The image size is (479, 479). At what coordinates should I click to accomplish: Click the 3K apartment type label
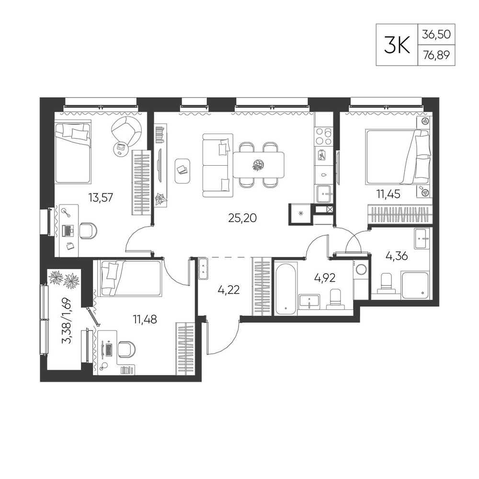[397, 45]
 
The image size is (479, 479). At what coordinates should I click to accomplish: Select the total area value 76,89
[436, 55]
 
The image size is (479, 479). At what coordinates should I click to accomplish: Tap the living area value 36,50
[436, 34]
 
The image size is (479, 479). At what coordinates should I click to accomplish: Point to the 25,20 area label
[242, 218]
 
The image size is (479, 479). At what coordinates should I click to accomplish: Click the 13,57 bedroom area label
[101, 198]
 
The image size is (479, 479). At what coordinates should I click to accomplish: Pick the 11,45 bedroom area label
[388, 194]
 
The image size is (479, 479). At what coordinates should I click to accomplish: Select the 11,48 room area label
[145, 319]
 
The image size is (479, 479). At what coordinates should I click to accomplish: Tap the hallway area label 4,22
[228, 290]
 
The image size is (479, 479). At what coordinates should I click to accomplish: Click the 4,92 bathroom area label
[325, 278]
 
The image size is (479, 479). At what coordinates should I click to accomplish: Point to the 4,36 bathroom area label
[397, 256]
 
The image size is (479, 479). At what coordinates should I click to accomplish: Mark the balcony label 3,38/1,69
[67, 321]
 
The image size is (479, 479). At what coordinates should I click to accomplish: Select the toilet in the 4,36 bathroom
[387, 283]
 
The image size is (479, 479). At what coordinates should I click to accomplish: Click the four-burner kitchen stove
[324, 136]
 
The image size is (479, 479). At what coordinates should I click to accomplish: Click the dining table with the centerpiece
[259, 165]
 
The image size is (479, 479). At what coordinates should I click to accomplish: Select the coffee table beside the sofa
[182, 171]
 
